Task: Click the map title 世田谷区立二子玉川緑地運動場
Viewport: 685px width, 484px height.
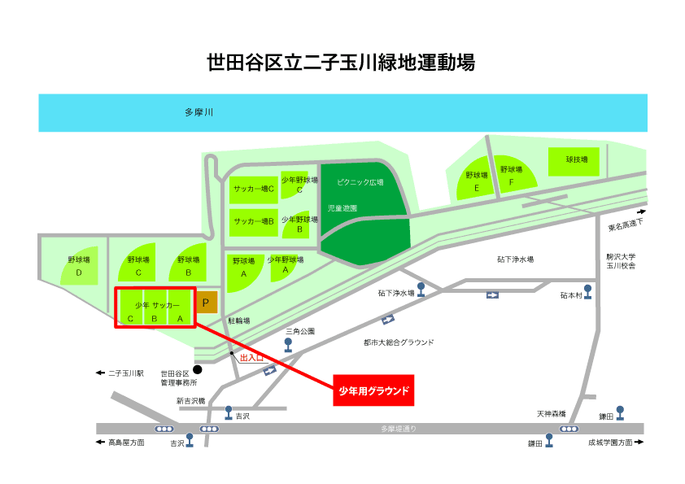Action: pyautogui.click(x=341, y=63)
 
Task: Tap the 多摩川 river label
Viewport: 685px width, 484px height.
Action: pyautogui.click(x=199, y=112)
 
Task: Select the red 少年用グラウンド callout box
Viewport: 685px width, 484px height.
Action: pyautogui.click(x=373, y=390)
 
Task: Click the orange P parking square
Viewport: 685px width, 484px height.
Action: pyautogui.click(x=206, y=303)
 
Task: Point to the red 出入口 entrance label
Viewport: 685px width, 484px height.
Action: pyautogui.click(x=251, y=358)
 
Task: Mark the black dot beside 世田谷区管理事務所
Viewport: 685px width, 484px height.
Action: pyautogui.click(x=198, y=369)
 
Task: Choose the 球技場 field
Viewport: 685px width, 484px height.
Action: pyautogui.click(x=574, y=162)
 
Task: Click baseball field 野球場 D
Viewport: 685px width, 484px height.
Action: pyautogui.click(x=80, y=266)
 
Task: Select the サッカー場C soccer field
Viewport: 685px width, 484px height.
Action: pyautogui.click(x=254, y=190)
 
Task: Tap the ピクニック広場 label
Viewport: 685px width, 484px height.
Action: pyautogui.click(x=360, y=182)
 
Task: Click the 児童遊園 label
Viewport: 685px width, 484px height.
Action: pyautogui.click(x=342, y=208)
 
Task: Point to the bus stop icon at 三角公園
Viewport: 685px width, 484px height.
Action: pyautogui.click(x=288, y=345)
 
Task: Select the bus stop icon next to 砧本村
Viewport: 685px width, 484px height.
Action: pyautogui.click(x=588, y=292)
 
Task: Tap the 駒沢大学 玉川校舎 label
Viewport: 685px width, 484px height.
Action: pyautogui.click(x=621, y=261)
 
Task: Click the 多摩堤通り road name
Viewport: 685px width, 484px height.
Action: pyautogui.click(x=399, y=429)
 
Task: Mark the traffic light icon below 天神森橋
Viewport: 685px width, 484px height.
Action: pyautogui.click(x=569, y=429)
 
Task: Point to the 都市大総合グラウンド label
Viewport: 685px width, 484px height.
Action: pyautogui.click(x=399, y=342)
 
